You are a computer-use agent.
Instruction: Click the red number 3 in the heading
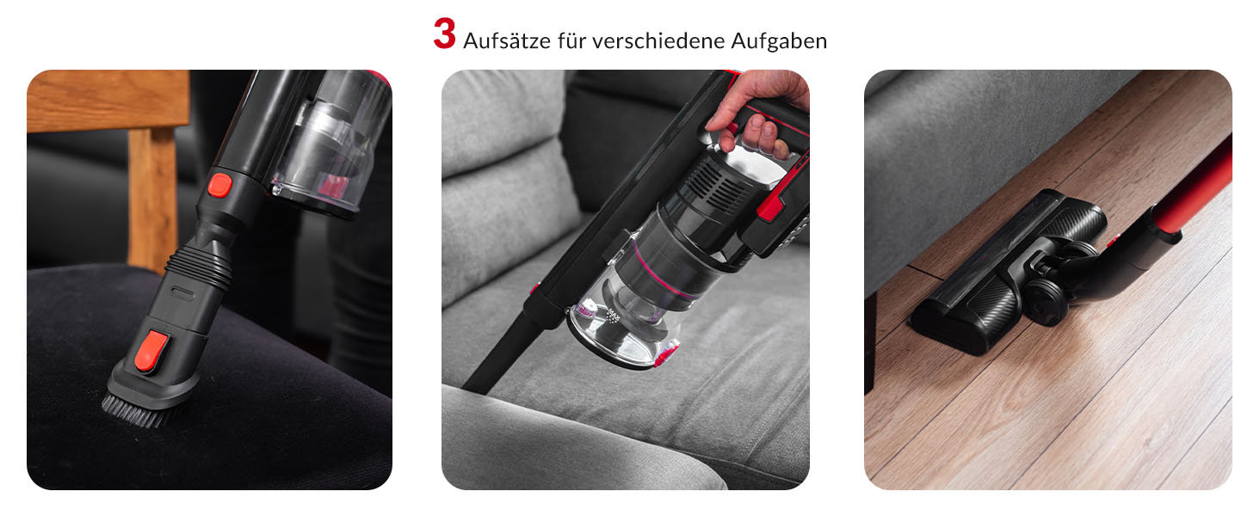[444, 34]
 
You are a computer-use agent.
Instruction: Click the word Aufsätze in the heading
[506, 40]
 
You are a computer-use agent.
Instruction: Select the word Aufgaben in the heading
[779, 41]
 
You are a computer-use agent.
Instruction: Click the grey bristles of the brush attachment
[133, 411]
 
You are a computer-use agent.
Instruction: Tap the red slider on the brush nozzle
[151, 351]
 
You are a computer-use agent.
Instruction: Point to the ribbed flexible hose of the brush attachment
[199, 265]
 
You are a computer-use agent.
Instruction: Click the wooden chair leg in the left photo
[151, 197]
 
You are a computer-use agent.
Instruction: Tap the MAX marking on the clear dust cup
[613, 314]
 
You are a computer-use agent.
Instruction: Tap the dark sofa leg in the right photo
[870, 343]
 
